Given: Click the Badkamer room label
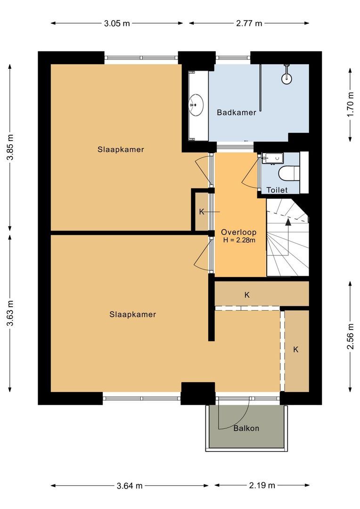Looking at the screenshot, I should (237, 113).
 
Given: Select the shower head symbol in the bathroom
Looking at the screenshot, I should (286, 78).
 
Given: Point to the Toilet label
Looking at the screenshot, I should (277, 190).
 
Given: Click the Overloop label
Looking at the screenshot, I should (238, 232).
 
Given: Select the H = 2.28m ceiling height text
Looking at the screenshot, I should (239, 240).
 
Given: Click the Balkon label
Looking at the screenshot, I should (246, 428).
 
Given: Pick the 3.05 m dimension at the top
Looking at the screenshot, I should (116, 23).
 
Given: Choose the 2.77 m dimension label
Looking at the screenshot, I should (249, 23).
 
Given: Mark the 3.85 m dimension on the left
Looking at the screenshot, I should (10, 148).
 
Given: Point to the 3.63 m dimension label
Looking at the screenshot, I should (10, 312).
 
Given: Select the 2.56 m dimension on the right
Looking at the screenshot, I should (350, 337).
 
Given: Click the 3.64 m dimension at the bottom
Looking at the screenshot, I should (130, 485).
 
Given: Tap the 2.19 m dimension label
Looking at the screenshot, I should (262, 485).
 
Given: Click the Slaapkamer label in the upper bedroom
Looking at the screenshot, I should (121, 149).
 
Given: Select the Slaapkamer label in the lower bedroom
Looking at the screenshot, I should (132, 314).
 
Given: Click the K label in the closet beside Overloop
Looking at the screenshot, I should (202, 212).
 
